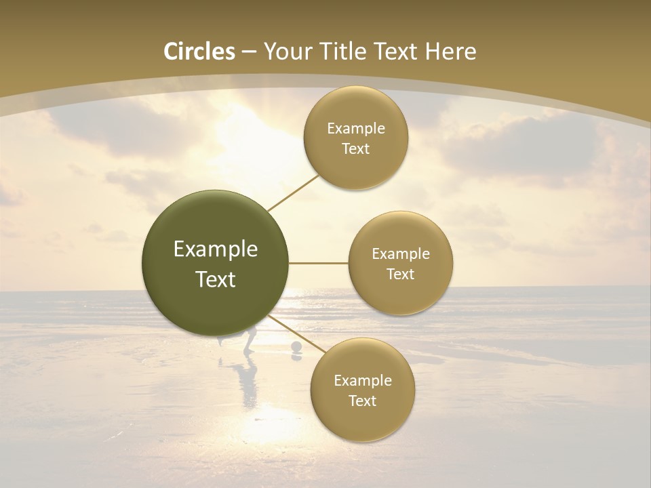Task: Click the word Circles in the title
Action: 199,52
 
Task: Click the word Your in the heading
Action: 288,52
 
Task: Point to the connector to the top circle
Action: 293,192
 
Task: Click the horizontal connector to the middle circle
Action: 319,263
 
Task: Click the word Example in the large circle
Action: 216,249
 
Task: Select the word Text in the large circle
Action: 216,279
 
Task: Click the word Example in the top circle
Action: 356,129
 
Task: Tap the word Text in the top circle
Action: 356,149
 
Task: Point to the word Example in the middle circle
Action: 401,253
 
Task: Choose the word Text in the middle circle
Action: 401,274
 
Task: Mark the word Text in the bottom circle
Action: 362,401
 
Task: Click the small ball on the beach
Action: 296,348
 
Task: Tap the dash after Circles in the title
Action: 248,52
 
